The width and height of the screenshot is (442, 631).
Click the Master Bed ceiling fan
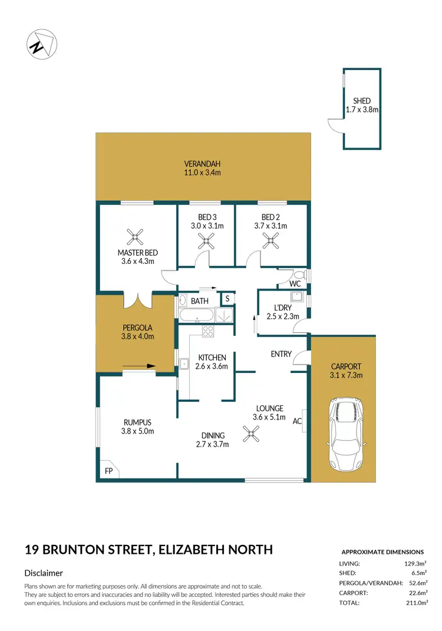[x=136, y=237]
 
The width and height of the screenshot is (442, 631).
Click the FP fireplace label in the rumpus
[x=108, y=472]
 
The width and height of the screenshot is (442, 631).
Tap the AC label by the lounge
[x=297, y=421]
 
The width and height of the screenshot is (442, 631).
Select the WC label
[x=295, y=284]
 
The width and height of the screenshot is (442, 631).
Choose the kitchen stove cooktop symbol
[x=207, y=332]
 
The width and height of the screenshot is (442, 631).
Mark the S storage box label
[x=227, y=299]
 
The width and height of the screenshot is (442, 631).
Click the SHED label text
[x=362, y=101]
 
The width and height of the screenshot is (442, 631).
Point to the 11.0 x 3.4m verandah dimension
[x=202, y=173]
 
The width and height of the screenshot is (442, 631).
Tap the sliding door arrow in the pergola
[x=138, y=366]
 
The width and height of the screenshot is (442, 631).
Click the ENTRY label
[x=281, y=354]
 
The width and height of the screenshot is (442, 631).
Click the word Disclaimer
[x=44, y=573]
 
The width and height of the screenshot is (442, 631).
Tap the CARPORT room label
[x=345, y=366]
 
